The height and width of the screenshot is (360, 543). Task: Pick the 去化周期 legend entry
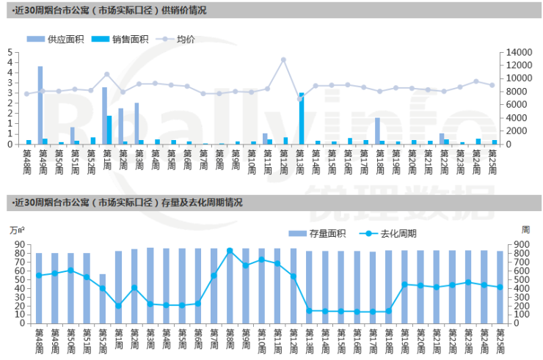(392, 234)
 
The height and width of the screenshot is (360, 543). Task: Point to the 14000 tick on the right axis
(514, 52)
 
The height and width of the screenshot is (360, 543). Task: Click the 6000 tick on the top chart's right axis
(511, 105)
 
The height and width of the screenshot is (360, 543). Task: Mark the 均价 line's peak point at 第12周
(283, 60)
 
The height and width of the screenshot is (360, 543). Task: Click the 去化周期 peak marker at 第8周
(230, 251)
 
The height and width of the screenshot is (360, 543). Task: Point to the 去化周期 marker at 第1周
(119, 306)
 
